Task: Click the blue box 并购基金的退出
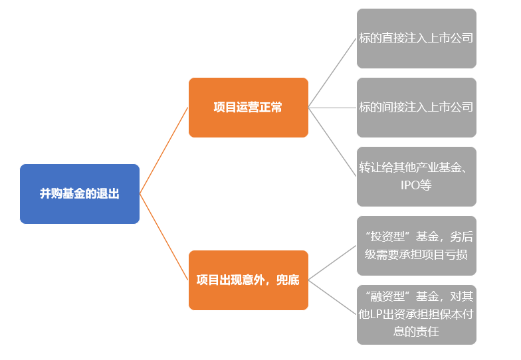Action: [80, 194]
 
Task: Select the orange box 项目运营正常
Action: [249, 108]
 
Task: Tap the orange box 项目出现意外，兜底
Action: [249, 280]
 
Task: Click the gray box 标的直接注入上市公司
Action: [417, 39]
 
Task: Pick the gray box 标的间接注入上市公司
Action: [417, 108]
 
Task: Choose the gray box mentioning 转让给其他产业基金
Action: [417, 177]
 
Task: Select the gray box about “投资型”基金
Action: [417, 246]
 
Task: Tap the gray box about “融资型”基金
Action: [417, 315]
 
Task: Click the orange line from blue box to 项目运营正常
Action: [164, 150]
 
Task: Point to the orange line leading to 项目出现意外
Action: [164, 237]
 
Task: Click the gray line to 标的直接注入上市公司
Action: [332, 73]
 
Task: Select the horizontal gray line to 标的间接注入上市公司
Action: [332, 108]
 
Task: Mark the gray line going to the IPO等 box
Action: [332, 142]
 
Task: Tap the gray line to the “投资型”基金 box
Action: [332, 263]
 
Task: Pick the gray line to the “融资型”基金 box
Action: [332, 298]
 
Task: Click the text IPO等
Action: [416, 185]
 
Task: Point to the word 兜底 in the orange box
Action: [288, 280]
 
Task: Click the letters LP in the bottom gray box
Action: [376, 314]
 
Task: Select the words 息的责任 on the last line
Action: [416, 331]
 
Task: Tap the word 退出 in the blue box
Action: [108, 193]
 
